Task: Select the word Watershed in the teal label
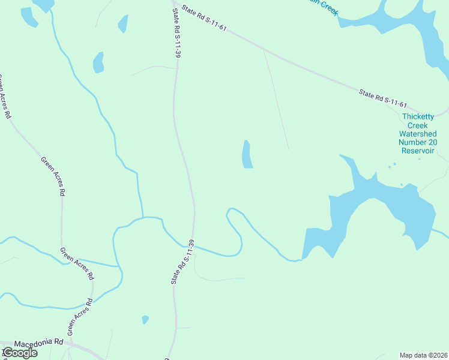[x=418, y=134]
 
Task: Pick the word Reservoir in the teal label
[x=418, y=151]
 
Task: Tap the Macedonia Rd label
[x=38, y=343]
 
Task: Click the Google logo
[x=19, y=353]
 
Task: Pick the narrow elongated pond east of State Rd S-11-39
[x=247, y=155]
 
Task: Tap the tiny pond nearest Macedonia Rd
[x=145, y=319]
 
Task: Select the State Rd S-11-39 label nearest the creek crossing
[x=184, y=262]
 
